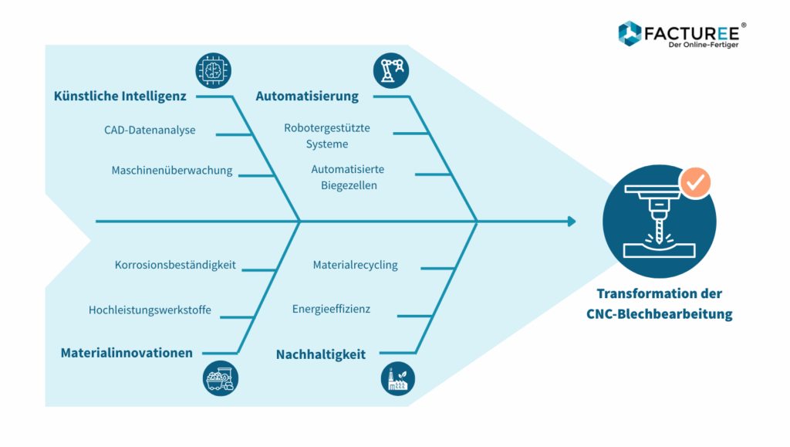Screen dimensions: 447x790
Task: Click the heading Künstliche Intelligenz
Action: tap(120, 97)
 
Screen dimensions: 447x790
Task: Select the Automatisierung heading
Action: tap(307, 97)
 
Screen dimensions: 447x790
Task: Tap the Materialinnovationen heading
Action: tap(127, 353)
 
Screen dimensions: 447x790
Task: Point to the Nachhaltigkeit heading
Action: tap(321, 354)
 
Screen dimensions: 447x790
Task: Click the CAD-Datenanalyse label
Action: tap(150, 130)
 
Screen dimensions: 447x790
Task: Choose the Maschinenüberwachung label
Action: tap(171, 171)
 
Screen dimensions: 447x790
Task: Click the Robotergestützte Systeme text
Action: tap(326, 136)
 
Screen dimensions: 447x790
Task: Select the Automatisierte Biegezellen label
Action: tap(348, 177)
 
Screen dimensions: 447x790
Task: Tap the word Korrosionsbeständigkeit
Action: tap(175, 265)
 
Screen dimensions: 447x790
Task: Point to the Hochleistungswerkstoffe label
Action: tap(150, 310)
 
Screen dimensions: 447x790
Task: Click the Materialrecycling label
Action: tap(355, 265)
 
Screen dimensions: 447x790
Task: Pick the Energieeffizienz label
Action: tap(331, 309)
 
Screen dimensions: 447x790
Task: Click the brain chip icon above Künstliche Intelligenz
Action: tap(212, 70)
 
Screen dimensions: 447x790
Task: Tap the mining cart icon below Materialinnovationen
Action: tap(221, 379)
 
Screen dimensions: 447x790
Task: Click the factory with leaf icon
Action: tap(398, 379)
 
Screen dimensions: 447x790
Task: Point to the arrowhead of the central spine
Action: tap(572, 222)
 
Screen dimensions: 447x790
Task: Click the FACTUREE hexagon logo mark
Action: tap(630, 32)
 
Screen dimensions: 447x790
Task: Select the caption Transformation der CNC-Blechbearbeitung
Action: tap(659, 304)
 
